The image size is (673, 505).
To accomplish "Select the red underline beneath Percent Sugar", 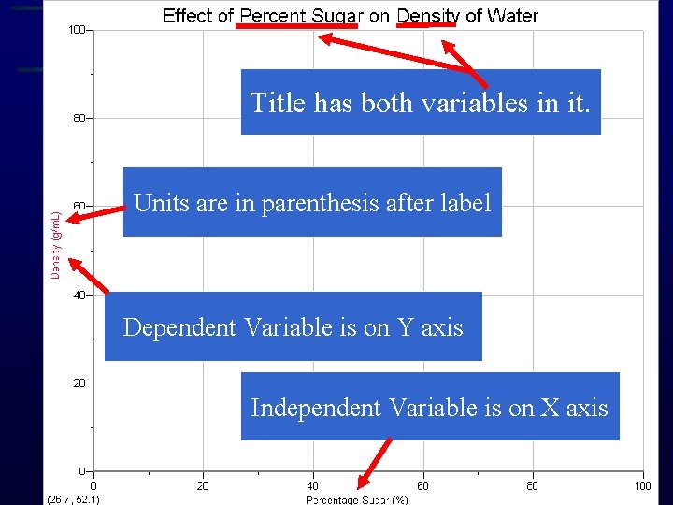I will [x=296, y=26].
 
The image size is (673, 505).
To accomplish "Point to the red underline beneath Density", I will [x=427, y=26].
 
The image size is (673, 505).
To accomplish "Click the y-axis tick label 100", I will [x=76, y=30].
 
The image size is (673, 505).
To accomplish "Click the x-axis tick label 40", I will [x=313, y=485].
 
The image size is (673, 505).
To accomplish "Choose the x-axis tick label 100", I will [x=642, y=485].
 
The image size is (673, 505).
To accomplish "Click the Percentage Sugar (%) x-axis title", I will [x=357, y=499].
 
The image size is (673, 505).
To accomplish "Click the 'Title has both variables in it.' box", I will [x=421, y=102].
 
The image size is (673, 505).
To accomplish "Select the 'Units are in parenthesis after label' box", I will [x=312, y=202].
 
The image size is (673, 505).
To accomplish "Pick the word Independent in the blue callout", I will [x=315, y=408].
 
